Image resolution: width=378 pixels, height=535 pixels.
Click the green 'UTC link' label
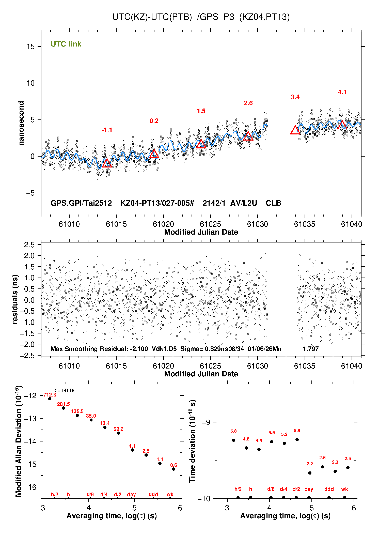click(x=66, y=44)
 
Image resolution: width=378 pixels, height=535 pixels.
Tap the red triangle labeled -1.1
click(x=107, y=163)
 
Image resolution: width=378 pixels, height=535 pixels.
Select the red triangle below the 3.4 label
click(x=295, y=131)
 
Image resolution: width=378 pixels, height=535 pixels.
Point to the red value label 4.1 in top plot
click(x=342, y=92)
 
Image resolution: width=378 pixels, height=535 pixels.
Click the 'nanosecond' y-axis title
click(x=21, y=123)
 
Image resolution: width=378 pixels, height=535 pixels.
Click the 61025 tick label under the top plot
click(x=210, y=224)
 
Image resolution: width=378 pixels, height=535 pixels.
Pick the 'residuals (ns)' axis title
click(x=15, y=299)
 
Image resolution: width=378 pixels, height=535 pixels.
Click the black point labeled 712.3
click(x=50, y=399)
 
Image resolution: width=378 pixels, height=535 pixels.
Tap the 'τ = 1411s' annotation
click(x=64, y=390)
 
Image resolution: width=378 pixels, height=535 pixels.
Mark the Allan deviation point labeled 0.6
click(x=174, y=469)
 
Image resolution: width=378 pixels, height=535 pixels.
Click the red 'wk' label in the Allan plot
click(x=170, y=494)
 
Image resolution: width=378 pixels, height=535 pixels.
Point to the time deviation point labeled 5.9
click(x=297, y=440)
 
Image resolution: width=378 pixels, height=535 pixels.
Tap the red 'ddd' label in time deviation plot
click(x=329, y=489)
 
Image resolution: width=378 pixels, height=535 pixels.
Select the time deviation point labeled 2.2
click(x=310, y=473)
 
